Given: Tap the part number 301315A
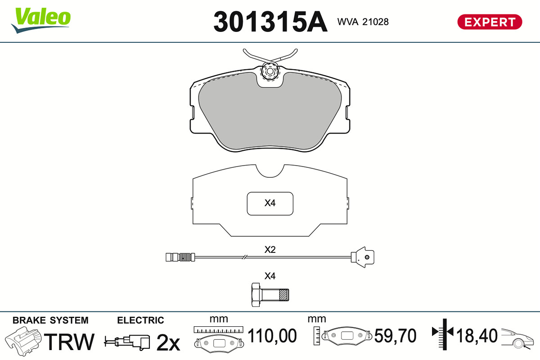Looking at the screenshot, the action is (x=270, y=22).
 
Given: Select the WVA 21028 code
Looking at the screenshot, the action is (x=363, y=22).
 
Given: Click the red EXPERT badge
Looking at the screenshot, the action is (x=490, y=22).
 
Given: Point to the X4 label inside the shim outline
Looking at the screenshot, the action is (x=270, y=203).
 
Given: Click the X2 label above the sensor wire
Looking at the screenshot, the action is (x=270, y=250).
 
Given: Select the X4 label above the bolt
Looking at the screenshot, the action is (x=270, y=276).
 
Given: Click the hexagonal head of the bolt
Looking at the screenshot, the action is (x=256, y=295).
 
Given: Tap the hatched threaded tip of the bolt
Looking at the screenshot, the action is (x=284, y=295).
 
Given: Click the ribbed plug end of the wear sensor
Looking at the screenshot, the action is (x=180, y=257).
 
